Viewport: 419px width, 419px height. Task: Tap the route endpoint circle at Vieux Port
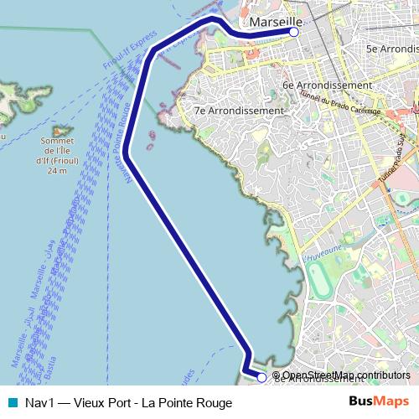pyautogui.click(x=294, y=32)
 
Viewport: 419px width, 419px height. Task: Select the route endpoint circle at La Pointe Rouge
pyautogui.click(x=261, y=378)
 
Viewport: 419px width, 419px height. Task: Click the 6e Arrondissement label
pyautogui.click(x=327, y=85)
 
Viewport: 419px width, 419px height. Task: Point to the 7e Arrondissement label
pyautogui.click(x=238, y=110)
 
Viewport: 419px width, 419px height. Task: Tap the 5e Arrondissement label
pyautogui.click(x=391, y=49)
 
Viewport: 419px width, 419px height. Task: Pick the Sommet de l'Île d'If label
pyautogui.click(x=57, y=151)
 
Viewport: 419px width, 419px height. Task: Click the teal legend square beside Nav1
pyautogui.click(x=11, y=402)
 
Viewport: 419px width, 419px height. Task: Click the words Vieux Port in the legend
pyautogui.click(x=107, y=402)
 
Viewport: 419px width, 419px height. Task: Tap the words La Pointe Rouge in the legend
pyautogui.click(x=189, y=402)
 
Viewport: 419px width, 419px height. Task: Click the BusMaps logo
pyautogui.click(x=379, y=401)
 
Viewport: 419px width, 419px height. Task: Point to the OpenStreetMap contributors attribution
pyautogui.click(x=346, y=375)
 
